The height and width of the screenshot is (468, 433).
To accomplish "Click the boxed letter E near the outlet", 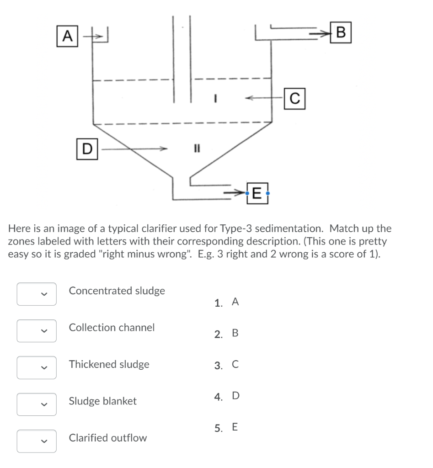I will [x=257, y=194].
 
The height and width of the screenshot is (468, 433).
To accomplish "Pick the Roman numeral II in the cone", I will [x=197, y=148].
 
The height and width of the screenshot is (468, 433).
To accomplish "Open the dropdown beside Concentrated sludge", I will [x=37, y=294].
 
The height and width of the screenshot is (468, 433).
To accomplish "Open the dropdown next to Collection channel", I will [x=37, y=331].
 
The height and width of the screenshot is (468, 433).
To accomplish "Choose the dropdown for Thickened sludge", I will [x=37, y=368].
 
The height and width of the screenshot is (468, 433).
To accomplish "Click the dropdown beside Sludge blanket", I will [x=37, y=404].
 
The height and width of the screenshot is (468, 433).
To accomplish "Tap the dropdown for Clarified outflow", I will [x=37, y=441].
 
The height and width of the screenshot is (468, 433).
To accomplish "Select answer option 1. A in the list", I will [x=226, y=302].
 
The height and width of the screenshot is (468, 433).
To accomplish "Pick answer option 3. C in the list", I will [x=226, y=365].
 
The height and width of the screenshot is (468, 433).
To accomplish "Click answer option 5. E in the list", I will [x=226, y=428].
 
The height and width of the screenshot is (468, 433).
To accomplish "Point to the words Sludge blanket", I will [x=102, y=401].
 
